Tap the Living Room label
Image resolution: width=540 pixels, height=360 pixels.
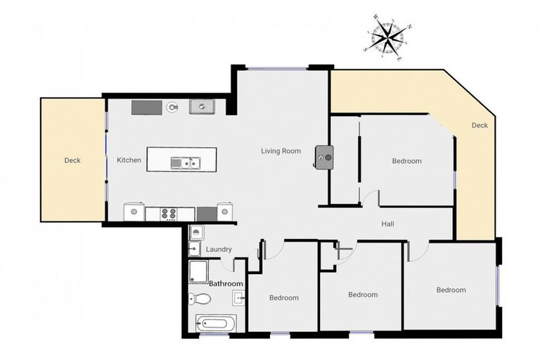pos(281,151)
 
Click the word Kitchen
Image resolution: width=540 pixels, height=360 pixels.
pos(129,160)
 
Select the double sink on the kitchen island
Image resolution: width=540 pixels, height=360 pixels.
pos(186,163)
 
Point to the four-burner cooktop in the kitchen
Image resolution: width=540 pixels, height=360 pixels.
pos(169,212)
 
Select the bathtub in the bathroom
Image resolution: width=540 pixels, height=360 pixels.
pos(214,324)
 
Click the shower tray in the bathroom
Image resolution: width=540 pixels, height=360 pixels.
pos(200,271)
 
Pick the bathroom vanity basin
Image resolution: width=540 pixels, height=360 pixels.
pos(239,298)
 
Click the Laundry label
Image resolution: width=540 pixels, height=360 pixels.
pos(219,250)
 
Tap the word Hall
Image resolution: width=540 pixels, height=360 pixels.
pos(387,224)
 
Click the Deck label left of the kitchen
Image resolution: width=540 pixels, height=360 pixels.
pos(72,160)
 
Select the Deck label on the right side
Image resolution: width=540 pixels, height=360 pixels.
pos(479,126)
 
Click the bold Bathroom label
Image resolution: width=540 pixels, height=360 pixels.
pos(226,284)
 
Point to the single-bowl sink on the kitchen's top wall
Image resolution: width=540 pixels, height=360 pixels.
pos(201,107)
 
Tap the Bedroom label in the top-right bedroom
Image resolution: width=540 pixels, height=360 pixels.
pos(406,161)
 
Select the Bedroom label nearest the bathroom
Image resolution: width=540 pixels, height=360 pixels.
pos(283,297)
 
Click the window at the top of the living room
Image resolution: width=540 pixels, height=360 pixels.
pos(276,68)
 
